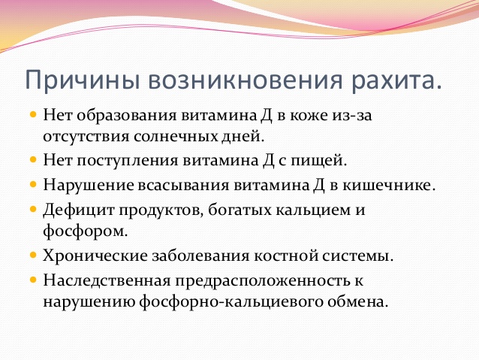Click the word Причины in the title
pos(83,80)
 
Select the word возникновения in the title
pos(246,80)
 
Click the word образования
pos(127,116)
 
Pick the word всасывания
pos(184,186)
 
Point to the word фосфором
pos(86,231)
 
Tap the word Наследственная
pos(107,280)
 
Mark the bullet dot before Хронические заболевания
pos(33,255)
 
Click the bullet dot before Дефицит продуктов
pos(33,210)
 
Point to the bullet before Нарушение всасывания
pos(33,184)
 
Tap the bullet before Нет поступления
pos(33,159)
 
